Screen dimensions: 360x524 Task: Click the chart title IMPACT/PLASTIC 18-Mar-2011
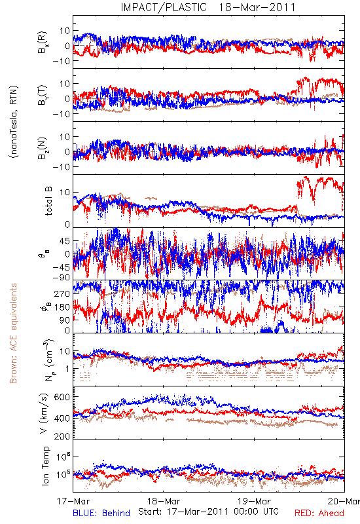point(208,7)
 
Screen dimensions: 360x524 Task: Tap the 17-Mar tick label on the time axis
point(73,501)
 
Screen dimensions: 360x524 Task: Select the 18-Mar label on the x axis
point(164,501)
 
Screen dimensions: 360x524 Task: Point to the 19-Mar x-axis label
point(254,501)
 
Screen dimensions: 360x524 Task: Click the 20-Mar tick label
point(344,501)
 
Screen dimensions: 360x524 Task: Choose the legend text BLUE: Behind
point(101,513)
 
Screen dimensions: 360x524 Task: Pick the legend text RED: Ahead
point(319,513)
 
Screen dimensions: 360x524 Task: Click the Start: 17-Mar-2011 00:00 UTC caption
point(208,512)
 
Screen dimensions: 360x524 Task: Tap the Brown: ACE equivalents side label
point(13,333)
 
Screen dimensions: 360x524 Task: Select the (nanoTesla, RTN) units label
point(14,122)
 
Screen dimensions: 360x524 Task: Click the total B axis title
point(48,201)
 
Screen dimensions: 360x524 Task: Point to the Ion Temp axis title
point(45,466)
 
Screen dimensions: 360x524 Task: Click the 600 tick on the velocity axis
point(62,397)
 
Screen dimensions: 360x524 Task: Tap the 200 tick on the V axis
point(62,436)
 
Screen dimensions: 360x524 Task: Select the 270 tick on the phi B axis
point(62,293)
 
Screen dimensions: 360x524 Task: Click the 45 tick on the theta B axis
point(65,241)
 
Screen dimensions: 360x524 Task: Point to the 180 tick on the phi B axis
point(62,307)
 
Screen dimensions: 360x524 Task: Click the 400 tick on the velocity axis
point(62,418)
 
